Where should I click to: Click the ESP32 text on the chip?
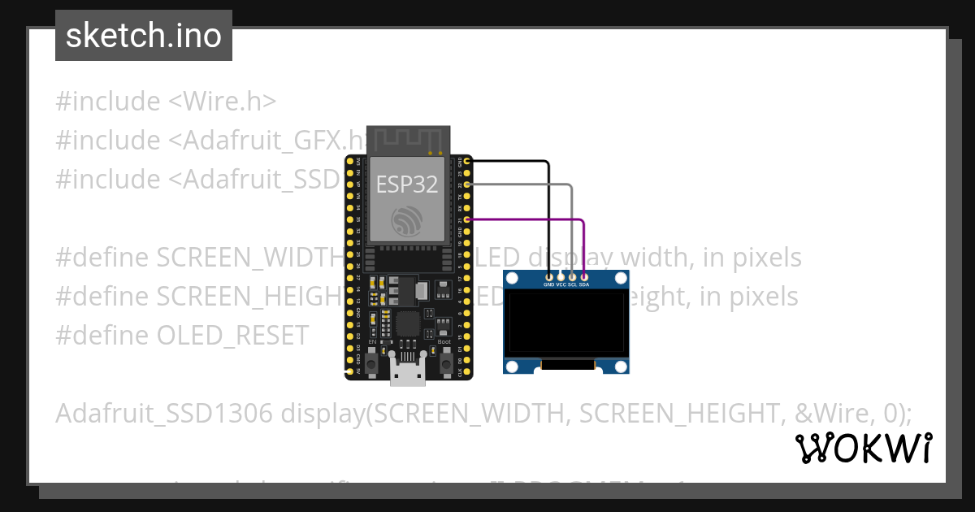click(x=406, y=184)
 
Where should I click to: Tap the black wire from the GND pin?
click(x=548, y=211)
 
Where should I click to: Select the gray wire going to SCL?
click(x=572, y=228)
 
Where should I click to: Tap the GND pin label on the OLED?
click(x=548, y=285)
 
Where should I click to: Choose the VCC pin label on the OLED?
click(x=561, y=285)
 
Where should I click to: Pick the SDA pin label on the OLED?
click(x=584, y=285)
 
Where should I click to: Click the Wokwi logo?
click(x=863, y=448)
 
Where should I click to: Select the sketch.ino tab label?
click(x=144, y=36)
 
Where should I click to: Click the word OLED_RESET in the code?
click(x=233, y=335)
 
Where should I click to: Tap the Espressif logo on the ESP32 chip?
click(x=406, y=222)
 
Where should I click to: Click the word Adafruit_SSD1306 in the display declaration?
click(x=163, y=413)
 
